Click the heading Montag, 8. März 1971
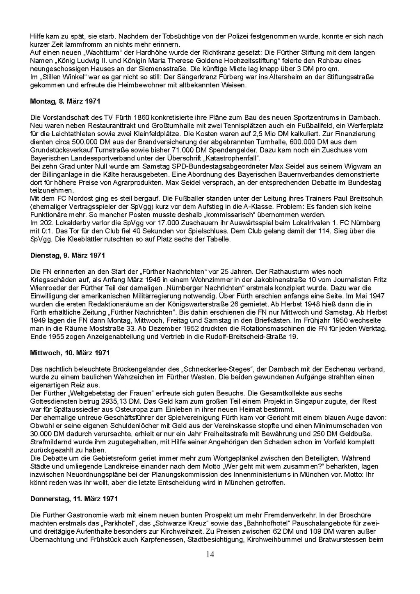tap(65, 101)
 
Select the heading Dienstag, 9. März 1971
tap(68, 255)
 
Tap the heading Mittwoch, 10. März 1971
tap(70, 352)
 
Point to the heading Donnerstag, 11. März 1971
tap(74, 499)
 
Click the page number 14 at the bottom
tap(210, 555)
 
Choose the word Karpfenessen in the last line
tap(163, 539)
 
